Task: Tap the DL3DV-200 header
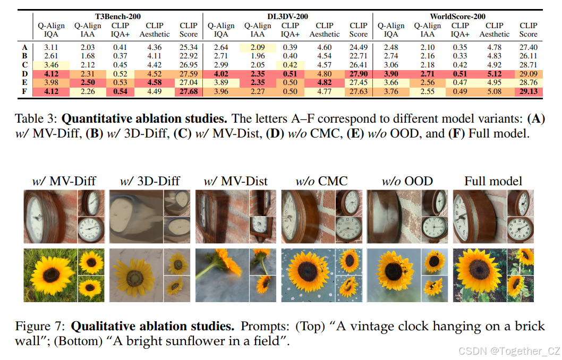pos(287,16)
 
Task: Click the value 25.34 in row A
pos(189,47)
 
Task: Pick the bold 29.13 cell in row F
pos(528,92)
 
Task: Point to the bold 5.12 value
pos(494,74)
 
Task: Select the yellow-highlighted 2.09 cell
pos(257,47)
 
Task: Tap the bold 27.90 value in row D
pos(359,74)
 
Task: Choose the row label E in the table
pos(25,83)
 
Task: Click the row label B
pos(25,56)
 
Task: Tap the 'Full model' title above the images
pos(493,181)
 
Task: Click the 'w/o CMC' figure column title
pos(321,181)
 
